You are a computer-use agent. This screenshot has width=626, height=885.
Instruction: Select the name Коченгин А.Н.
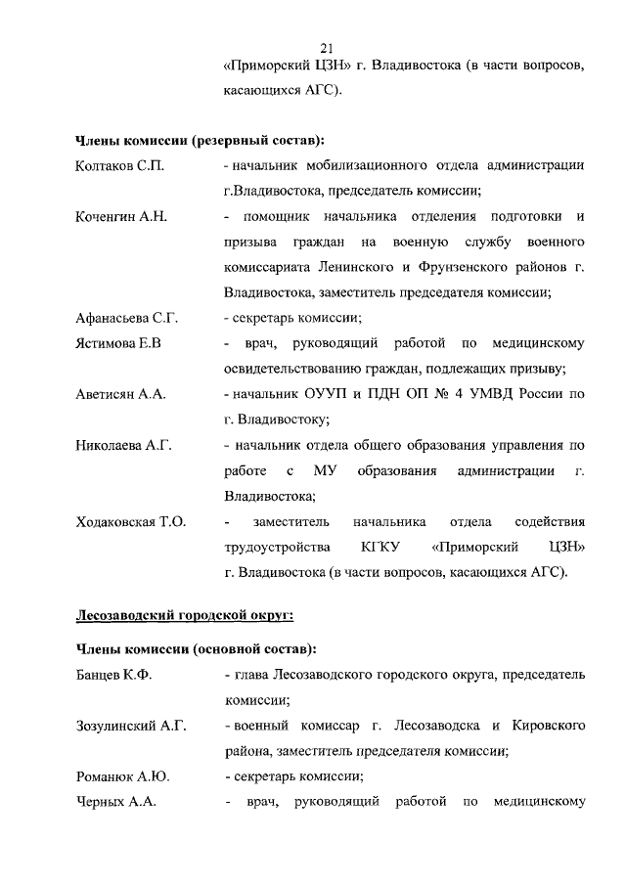coord(121,216)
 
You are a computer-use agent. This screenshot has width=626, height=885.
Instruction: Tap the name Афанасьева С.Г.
coord(127,318)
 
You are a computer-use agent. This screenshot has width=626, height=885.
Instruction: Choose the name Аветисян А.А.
coord(121,394)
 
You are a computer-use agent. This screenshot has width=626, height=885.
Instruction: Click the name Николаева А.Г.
coord(124,445)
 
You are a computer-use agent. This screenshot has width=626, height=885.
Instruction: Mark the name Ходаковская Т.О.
coord(131,521)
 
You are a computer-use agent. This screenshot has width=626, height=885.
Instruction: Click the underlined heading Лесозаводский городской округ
coord(185,615)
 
